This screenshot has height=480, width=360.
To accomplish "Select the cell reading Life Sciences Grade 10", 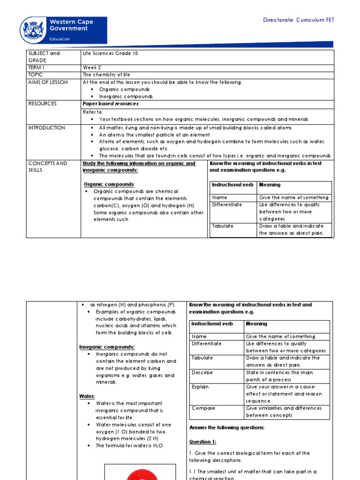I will [110, 53].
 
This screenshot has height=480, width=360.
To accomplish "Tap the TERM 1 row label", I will [37, 67].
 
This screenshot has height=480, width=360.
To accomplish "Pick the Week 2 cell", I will [92, 67].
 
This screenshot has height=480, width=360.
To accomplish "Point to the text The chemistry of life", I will [106, 75].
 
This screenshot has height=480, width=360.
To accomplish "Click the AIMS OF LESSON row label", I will [48, 82].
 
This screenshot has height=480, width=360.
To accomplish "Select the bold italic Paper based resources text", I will [111, 104].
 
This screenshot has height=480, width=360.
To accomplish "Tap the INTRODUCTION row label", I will [47, 127].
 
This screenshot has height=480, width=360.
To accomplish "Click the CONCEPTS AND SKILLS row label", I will [47, 166].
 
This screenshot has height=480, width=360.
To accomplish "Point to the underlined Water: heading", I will [87, 396].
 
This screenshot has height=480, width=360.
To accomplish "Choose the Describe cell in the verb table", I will [202, 373].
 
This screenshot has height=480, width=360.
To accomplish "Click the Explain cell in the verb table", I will [200, 387].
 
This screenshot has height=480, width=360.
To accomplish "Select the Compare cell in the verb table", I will [203, 408].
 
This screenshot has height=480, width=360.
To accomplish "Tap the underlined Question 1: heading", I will [202, 442].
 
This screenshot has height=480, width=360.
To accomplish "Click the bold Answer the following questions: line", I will [227, 427].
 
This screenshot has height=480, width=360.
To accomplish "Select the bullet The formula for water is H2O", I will [129, 446].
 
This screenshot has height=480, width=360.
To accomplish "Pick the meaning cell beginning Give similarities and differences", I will [286, 412].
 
